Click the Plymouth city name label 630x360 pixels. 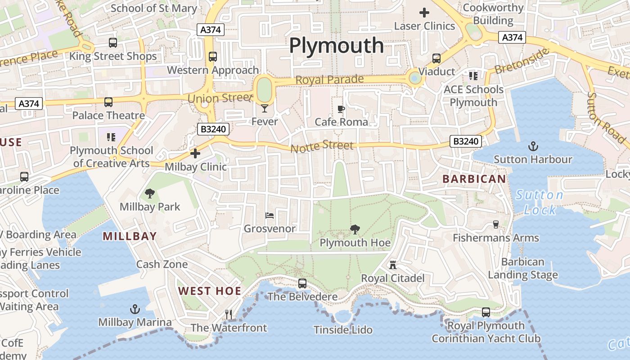336,45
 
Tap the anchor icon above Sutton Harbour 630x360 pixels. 533,146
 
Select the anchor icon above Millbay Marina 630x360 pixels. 135,309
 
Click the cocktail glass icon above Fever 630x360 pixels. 264,108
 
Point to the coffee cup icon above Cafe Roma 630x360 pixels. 341,109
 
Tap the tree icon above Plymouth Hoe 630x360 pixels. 355,229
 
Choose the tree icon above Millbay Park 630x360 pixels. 149,194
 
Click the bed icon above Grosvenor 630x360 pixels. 270,215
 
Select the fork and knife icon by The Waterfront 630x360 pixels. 229,314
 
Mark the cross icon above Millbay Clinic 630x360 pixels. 195,154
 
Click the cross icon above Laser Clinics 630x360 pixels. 424,13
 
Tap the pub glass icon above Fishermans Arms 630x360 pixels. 496,224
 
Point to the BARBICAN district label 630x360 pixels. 474,179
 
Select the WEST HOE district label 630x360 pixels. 210,291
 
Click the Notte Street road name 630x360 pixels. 322,146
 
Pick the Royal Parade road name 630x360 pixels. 329,80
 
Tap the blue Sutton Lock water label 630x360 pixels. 540,202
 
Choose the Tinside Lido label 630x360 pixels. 343,330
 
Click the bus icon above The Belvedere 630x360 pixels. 302,283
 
